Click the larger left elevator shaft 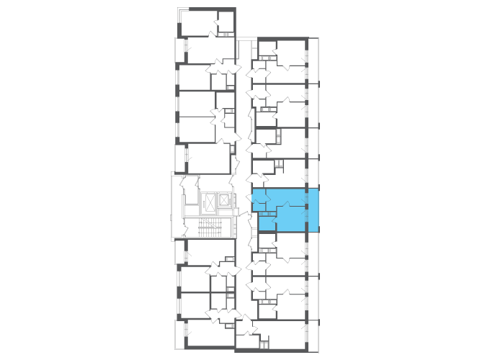[210, 202]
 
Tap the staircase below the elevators [210, 228]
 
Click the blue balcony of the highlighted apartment [313, 210]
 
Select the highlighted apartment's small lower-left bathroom [266, 222]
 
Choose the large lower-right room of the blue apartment [292, 219]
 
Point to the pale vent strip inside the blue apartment [267, 214]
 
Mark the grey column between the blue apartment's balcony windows [307, 207]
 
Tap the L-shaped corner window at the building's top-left [180, 11]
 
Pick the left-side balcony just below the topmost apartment [180, 50]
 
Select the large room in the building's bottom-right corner [285, 335]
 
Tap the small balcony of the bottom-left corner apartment [180, 333]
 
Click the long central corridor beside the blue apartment [244, 180]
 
